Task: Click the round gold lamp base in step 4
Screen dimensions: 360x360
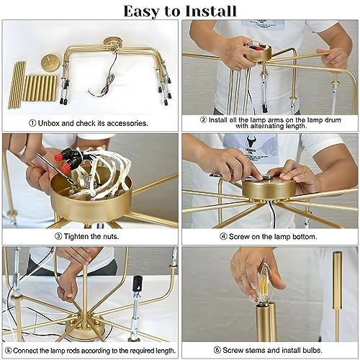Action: [268, 189]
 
